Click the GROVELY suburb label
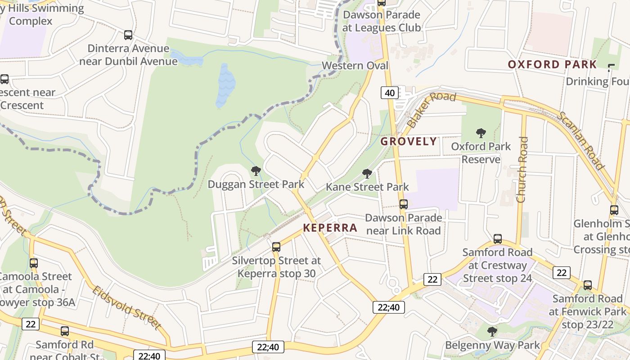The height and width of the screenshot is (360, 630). click(x=409, y=141)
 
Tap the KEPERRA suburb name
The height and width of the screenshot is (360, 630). click(x=330, y=228)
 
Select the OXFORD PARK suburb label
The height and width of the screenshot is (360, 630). click(x=552, y=64)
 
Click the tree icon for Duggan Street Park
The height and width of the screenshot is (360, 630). click(x=256, y=171)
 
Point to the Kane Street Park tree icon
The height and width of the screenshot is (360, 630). click(x=367, y=174)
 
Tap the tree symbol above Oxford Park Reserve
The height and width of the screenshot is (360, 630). click(x=481, y=133)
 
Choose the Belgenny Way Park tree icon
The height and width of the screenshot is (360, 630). click(x=492, y=332)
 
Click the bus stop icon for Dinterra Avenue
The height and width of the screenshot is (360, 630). click(x=128, y=35)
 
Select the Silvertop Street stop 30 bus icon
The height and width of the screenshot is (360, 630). click(x=276, y=247)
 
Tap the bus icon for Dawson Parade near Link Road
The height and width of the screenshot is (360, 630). click(x=404, y=204)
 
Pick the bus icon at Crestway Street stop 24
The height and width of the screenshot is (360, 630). click(x=498, y=239)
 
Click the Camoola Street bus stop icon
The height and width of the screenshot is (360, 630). click(x=34, y=263)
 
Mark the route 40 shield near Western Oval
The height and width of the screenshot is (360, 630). click(x=390, y=93)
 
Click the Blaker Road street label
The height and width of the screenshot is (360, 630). click(x=431, y=110)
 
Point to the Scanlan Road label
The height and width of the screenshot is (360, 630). click(x=581, y=140)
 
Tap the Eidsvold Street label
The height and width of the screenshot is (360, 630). click(x=126, y=307)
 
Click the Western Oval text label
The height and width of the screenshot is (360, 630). click(x=355, y=66)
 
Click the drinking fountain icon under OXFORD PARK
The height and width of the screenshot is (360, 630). click(x=611, y=67)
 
